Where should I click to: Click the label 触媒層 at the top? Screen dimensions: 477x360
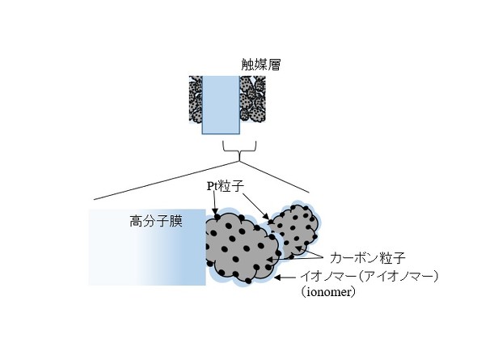point(260,64)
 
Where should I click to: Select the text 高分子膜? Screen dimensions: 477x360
point(156,221)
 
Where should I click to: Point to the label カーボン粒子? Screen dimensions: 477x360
point(368,258)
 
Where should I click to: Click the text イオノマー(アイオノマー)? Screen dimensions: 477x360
point(369,277)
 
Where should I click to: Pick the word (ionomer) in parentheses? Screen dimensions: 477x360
point(327,292)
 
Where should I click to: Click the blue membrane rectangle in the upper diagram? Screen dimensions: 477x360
point(221,105)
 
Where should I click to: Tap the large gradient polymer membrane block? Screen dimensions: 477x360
point(147,247)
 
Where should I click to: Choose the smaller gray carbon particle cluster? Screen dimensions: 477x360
point(293,230)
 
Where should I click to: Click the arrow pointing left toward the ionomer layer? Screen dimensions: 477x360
point(285,277)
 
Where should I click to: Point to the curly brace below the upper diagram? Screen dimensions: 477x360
point(240,150)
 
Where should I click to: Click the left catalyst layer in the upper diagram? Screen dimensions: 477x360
point(196,100)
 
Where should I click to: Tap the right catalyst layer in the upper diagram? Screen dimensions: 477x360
point(252,100)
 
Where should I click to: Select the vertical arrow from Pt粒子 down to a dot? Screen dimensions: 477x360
point(215,202)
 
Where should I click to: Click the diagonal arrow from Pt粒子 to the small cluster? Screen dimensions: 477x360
point(256,206)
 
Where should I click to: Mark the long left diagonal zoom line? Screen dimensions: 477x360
point(167,180)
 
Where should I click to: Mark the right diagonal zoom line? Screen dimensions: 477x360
point(274,177)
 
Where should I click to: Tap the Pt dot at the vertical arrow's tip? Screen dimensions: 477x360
point(217,217)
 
